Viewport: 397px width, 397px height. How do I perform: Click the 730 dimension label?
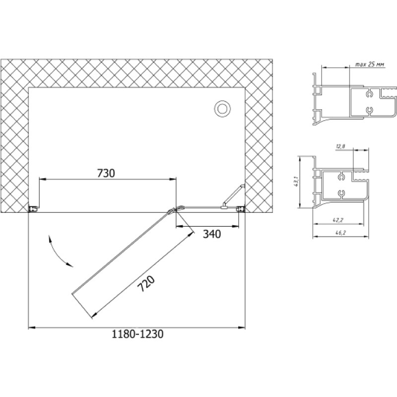coord(106,173)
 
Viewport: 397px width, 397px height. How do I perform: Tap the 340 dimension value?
coord(212,234)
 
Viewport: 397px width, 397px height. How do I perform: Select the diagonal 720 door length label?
coord(146,284)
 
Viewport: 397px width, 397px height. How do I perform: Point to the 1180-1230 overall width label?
coord(137,334)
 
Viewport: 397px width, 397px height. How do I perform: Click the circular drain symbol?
coord(222,109)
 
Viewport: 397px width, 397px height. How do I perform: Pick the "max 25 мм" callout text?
coord(369,65)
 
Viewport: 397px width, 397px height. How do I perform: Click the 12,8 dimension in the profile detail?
coord(341,146)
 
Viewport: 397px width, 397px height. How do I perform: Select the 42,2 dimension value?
coord(338,220)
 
